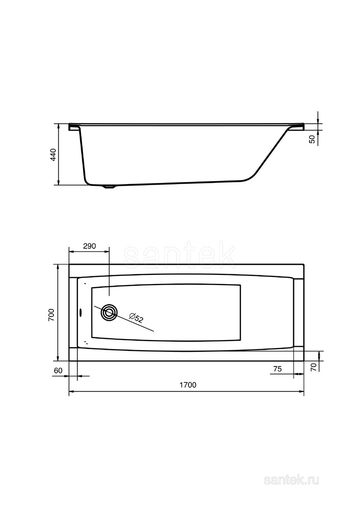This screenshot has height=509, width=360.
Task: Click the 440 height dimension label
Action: [x=53, y=155]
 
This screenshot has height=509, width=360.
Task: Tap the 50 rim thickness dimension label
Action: [x=312, y=139]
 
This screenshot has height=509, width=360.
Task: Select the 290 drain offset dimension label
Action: [x=89, y=246]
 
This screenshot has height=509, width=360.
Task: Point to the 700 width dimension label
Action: [x=51, y=315]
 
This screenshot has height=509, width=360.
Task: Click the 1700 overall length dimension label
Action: [x=188, y=385]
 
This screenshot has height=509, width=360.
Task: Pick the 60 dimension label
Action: [x=58, y=371]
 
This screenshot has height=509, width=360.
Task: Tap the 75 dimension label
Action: [x=277, y=369]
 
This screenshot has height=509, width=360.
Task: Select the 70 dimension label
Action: [x=314, y=367]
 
